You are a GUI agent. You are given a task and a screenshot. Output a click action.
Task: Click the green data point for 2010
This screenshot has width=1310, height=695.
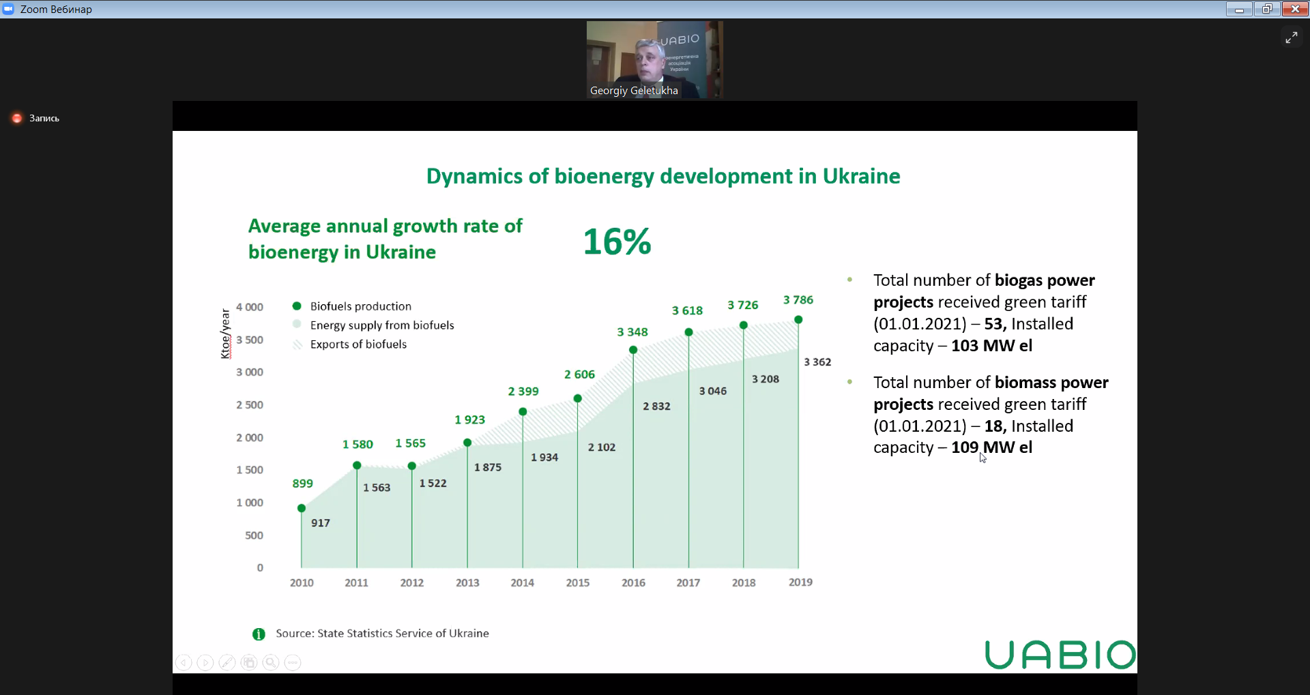pyautogui.click(x=302, y=508)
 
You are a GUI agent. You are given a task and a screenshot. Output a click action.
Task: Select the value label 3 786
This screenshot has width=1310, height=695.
pyautogui.click(x=798, y=300)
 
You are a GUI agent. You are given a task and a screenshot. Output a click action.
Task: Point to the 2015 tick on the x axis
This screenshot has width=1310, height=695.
pyautogui.click(x=577, y=582)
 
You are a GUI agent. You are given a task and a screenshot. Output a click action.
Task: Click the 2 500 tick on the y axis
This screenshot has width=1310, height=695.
pyautogui.click(x=250, y=405)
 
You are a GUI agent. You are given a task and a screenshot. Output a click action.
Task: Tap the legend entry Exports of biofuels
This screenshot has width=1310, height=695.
pyautogui.click(x=358, y=344)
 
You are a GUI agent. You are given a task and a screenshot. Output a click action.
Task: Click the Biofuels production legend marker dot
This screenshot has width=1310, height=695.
pyautogui.click(x=297, y=306)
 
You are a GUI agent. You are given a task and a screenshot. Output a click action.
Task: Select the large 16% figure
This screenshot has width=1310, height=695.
pyautogui.click(x=617, y=242)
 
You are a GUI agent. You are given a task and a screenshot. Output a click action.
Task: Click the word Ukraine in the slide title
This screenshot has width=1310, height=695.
pyautogui.click(x=861, y=177)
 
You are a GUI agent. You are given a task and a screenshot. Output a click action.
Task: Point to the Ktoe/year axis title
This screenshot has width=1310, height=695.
pyautogui.click(x=226, y=334)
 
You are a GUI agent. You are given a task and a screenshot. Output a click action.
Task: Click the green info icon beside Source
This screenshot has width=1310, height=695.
pyautogui.click(x=259, y=634)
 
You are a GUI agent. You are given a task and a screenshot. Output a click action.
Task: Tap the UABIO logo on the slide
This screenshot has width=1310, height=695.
pyautogui.click(x=1060, y=655)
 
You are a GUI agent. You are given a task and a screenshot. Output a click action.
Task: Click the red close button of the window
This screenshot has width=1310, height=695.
pyautogui.click(x=1294, y=9)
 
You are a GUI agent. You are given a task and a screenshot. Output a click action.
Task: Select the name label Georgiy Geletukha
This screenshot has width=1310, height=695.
pyautogui.click(x=634, y=91)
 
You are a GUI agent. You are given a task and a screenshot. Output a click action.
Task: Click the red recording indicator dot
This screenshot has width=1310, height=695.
pyautogui.click(x=17, y=118)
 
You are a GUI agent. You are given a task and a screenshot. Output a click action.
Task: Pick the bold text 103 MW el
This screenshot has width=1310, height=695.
pyautogui.click(x=991, y=346)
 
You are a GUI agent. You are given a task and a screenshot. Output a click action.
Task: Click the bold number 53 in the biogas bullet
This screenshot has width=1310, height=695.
pyautogui.click(x=993, y=324)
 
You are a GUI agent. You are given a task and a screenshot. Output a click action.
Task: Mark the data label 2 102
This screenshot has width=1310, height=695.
pyautogui.click(x=601, y=447)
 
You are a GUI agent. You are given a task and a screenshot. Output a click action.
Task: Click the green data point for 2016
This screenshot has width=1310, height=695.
pyautogui.click(x=633, y=350)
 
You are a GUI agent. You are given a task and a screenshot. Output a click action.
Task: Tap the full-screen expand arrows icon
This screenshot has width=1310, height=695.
pyautogui.click(x=1291, y=38)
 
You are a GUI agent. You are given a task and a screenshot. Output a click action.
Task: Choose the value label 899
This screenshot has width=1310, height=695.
pyautogui.click(x=302, y=484)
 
